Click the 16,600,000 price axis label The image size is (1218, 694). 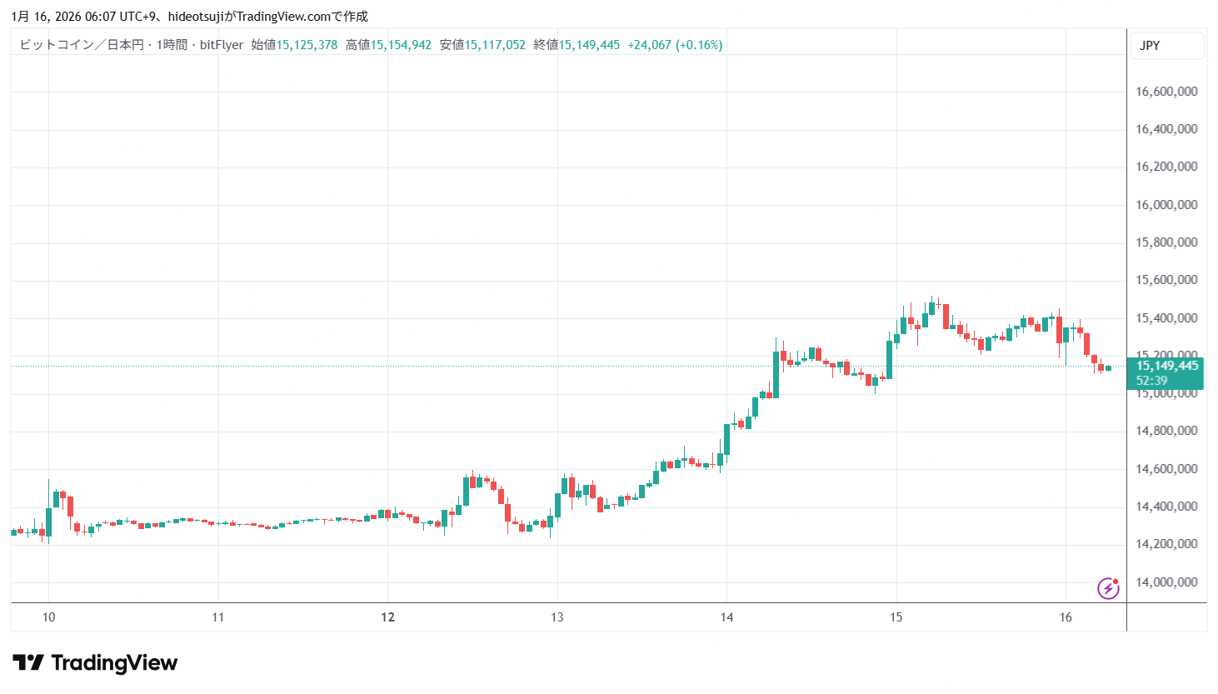click(x=1166, y=92)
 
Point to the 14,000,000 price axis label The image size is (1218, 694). click(x=1166, y=582)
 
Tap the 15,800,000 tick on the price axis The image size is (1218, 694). click(x=1166, y=242)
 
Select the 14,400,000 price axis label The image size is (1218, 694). click(x=1166, y=507)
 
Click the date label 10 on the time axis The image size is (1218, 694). click(x=49, y=617)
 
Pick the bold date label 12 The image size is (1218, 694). click(x=387, y=617)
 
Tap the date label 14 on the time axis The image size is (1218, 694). click(x=726, y=617)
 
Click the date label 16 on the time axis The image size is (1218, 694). click(x=1066, y=617)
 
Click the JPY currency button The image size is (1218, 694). click(x=1150, y=46)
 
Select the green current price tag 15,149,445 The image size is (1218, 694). click(x=1166, y=366)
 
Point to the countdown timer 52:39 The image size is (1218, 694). click(x=1152, y=381)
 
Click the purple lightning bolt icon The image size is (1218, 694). click(x=1108, y=588)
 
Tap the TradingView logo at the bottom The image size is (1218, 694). click(x=95, y=663)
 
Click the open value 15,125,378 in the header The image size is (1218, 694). click(x=307, y=45)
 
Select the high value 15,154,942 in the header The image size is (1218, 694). click(x=401, y=45)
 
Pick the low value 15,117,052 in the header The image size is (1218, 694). click(x=495, y=45)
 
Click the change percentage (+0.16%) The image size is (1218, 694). click(x=699, y=45)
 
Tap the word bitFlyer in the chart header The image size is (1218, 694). click(x=222, y=45)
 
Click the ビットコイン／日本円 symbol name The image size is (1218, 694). click(x=82, y=45)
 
